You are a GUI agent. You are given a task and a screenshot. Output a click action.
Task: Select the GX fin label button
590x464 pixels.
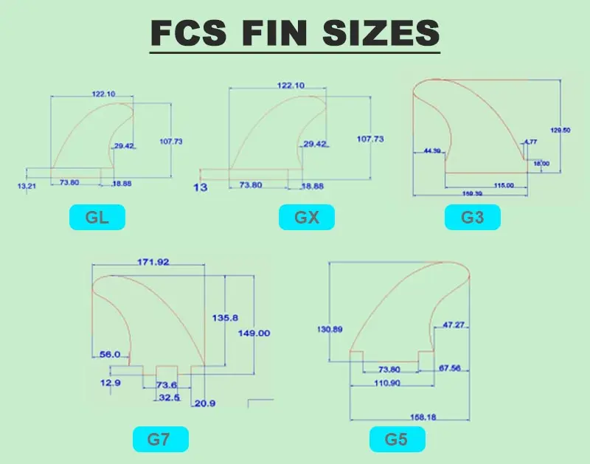pyautogui.click(x=307, y=218)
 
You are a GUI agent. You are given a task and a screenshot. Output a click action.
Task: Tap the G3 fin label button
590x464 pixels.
pyautogui.click(x=473, y=218)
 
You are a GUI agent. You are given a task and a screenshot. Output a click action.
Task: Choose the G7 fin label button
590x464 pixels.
pyautogui.click(x=160, y=440)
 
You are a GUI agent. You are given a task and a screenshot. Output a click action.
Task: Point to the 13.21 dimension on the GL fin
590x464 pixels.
pyautogui.click(x=27, y=186)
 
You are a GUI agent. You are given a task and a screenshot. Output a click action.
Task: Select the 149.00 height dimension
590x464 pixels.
pyautogui.click(x=254, y=333)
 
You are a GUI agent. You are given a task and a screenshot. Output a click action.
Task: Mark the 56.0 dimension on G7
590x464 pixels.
pyautogui.click(x=110, y=354)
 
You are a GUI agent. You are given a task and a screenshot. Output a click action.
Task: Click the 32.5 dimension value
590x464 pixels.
pyautogui.click(x=168, y=398)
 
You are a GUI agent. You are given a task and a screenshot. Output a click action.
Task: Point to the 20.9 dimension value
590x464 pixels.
pyautogui.click(x=204, y=404)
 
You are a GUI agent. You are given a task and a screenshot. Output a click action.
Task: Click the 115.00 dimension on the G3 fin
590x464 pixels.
pyautogui.click(x=504, y=184)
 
